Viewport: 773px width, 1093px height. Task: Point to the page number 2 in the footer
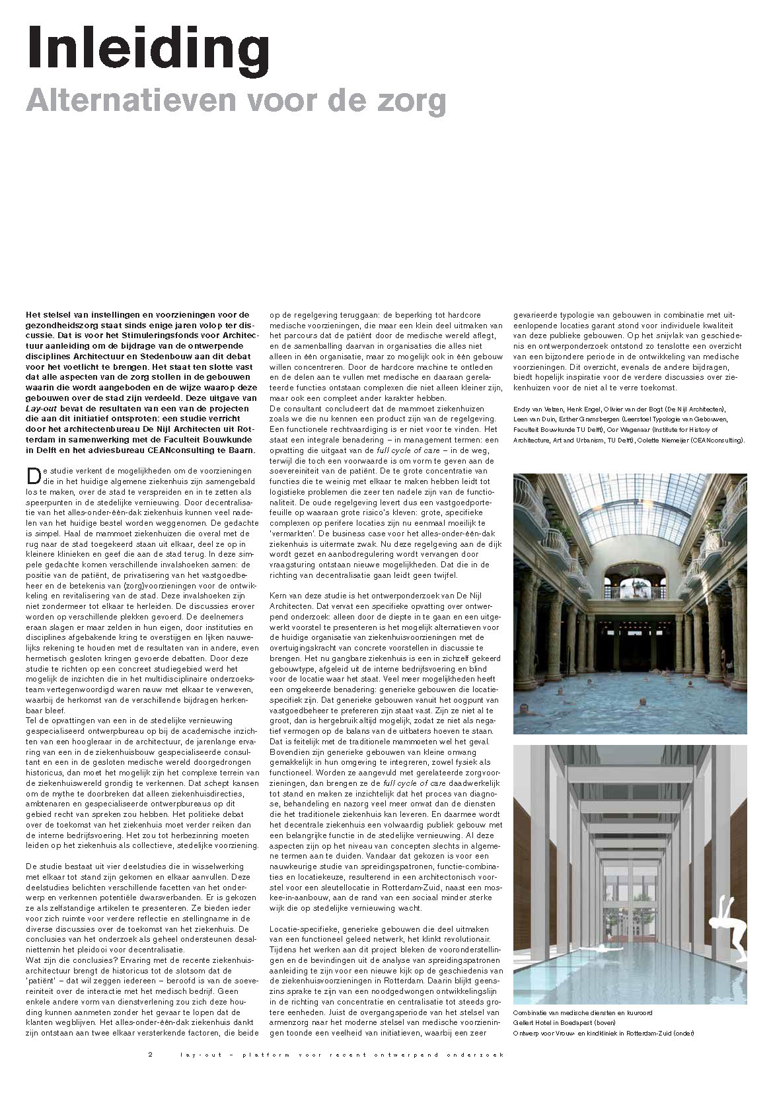tap(150, 1053)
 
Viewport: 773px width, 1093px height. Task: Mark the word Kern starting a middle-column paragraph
tap(280, 597)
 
